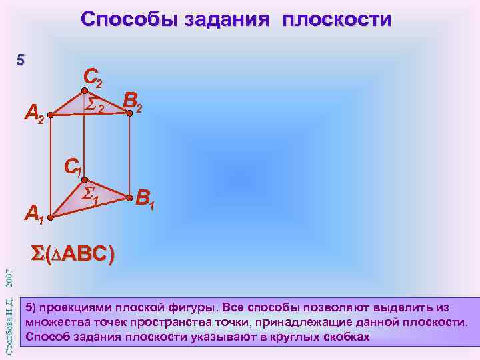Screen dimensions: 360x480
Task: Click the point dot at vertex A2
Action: (x=51, y=115)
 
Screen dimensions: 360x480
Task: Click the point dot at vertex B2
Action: (x=131, y=114)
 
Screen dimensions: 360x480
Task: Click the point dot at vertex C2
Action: (x=85, y=91)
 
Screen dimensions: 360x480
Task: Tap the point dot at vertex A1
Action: (x=51, y=215)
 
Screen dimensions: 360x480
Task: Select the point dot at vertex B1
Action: (x=131, y=197)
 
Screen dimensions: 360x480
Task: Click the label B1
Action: (x=145, y=199)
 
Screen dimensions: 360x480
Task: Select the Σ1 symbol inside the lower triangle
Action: (x=90, y=195)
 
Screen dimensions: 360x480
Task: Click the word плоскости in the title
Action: (x=337, y=19)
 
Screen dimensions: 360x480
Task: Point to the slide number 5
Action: (x=21, y=61)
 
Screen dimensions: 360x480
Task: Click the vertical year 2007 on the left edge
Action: (x=9, y=275)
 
